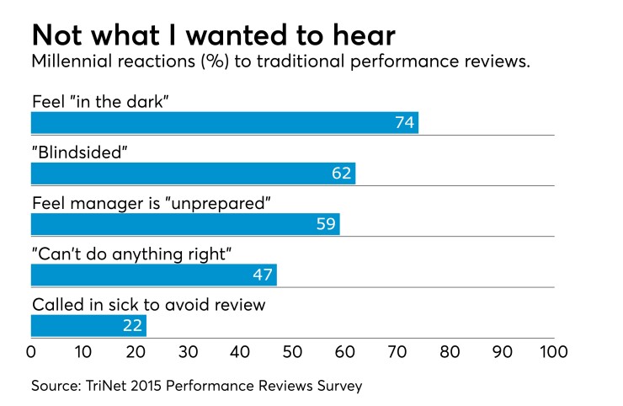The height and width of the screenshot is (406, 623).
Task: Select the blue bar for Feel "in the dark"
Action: [x=224, y=122]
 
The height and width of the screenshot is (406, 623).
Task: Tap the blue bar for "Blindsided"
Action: [x=193, y=174]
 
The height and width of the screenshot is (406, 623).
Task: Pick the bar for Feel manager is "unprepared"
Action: [x=185, y=224]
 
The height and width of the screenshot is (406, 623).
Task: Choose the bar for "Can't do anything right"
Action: [x=153, y=275]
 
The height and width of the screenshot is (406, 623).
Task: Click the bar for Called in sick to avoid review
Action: [x=88, y=326]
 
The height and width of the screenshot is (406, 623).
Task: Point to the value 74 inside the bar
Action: [x=404, y=123]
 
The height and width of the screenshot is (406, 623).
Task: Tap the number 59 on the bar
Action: [x=326, y=225]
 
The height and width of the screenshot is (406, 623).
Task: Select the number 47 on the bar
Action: [x=263, y=276]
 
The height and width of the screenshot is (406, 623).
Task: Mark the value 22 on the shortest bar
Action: [x=133, y=327]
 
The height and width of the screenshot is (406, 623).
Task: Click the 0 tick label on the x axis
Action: [x=31, y=350]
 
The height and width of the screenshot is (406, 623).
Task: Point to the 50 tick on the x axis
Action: [x=292, y=350]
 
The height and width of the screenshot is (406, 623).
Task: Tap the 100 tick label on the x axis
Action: [x=553, y=350]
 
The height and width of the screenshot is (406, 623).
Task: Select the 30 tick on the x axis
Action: [x=188, y=350]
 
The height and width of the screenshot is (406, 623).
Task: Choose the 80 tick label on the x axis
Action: [x=449, y=350]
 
